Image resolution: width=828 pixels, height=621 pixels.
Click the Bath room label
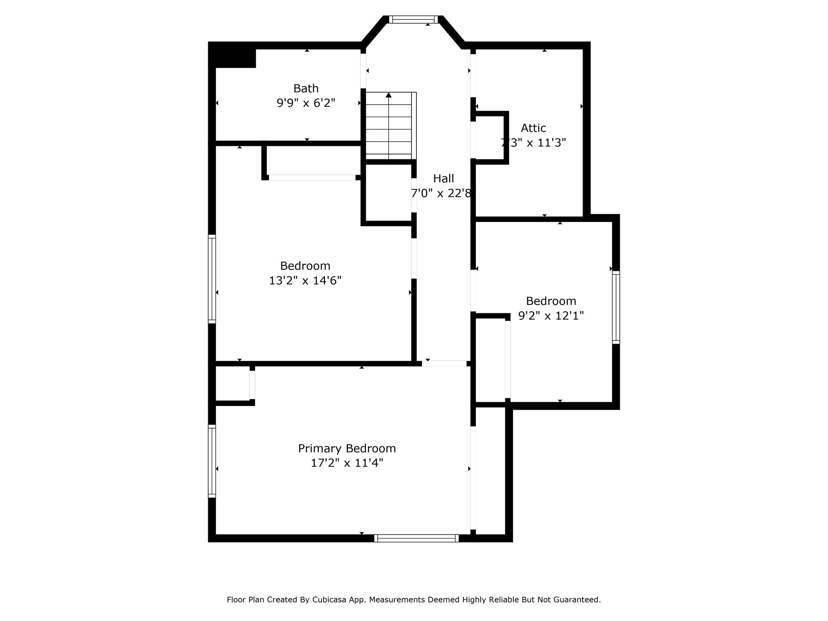306,89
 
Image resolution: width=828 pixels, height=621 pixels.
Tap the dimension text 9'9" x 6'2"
306,103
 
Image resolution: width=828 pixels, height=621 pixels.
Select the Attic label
533,128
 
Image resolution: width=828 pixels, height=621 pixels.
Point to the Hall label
444,179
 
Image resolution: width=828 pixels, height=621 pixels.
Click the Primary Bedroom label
347,449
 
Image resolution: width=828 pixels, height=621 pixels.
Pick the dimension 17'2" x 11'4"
347,463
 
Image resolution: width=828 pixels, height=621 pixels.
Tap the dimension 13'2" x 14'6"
305,281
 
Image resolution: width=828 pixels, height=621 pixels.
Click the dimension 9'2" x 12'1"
551,316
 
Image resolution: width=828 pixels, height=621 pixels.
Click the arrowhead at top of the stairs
389,95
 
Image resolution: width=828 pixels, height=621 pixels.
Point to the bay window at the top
413,19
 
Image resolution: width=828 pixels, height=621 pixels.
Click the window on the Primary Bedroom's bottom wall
416,538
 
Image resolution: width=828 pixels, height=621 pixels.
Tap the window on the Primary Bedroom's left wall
212,461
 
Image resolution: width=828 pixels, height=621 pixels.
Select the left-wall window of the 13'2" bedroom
212,279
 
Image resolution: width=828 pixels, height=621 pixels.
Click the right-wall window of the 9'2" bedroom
616,307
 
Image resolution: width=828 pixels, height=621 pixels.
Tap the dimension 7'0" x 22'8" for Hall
441,193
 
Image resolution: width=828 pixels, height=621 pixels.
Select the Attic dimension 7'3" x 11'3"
533,143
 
